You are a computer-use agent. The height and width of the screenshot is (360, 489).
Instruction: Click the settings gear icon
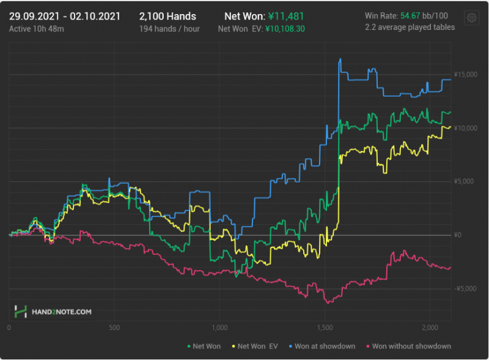point(471,18)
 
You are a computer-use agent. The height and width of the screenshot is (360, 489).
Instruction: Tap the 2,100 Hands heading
point(167,16)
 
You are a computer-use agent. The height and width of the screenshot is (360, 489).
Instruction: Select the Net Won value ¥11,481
point(286,16)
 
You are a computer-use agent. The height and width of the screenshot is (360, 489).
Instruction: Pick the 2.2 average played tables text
point(410,27)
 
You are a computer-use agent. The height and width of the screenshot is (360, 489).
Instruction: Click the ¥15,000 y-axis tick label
point(465,75)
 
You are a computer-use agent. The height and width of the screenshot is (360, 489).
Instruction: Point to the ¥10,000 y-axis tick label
point(465,128)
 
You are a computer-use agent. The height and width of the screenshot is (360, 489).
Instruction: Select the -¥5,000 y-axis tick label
point(464,288)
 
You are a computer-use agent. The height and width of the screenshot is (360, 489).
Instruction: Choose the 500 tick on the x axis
point(114,328)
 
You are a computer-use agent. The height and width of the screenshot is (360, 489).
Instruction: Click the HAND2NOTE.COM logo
point(54,312)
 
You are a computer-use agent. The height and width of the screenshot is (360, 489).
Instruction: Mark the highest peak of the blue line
point(340,59)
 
